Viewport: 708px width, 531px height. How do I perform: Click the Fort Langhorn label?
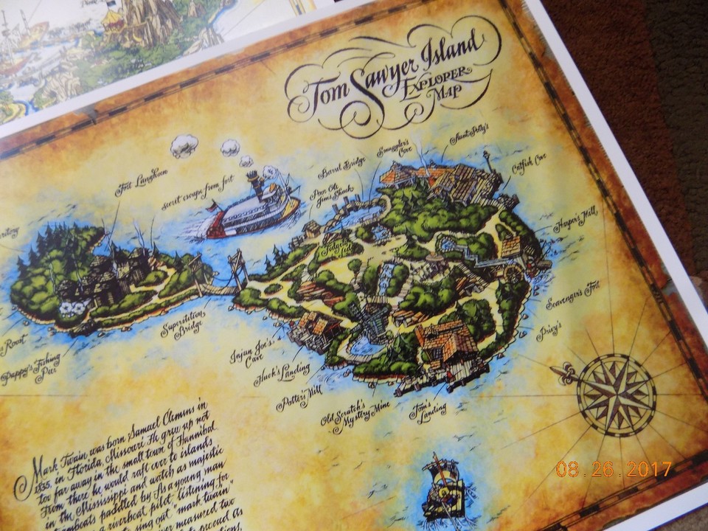(x=142, y=182)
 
